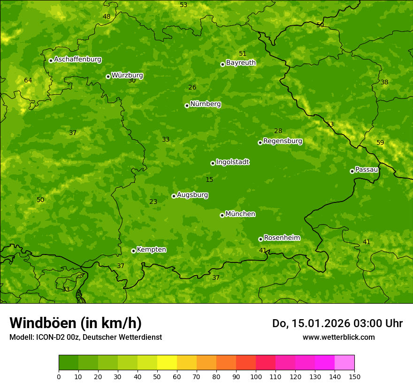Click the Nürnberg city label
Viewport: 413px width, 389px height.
(x=205, y=104)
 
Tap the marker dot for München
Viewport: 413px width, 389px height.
(x=222, y=215)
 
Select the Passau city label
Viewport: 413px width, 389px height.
(x=367, y=170)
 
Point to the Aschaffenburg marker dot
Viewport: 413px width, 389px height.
(x=51, y=60)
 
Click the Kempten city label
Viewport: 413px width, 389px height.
(x=151, y=250)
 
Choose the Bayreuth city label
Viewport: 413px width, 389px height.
(x=241, y=63)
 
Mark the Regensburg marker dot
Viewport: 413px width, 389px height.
(x=260, y=142)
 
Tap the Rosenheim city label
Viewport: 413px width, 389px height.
(x=282, y=238)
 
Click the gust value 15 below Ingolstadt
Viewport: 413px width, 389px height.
(x=209, y=180)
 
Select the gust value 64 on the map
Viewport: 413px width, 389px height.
(x=28, y=81)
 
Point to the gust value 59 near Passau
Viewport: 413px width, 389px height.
(x=380, y=143)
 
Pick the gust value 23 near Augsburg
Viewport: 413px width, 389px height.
(x=153, y=202)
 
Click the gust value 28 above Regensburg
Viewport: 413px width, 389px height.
(x=278, y=131)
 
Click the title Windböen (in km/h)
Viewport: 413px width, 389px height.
(x=76, y=323)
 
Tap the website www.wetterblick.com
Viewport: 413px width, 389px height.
(x=338, y=337)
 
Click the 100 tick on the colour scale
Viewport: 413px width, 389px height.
(x=256, y=376)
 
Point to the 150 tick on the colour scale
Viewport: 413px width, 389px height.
(x=354, y=376)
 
